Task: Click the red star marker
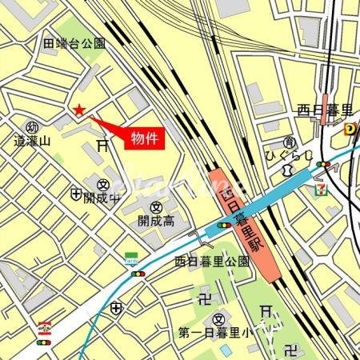click(78, 110)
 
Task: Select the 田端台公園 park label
click(75, 43)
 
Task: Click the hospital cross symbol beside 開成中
click(76, 194)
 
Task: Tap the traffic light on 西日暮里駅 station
click(225, 226)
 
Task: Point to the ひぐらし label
click(284, 153)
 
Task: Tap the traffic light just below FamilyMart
click(138, 273)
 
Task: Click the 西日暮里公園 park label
click(212, 261)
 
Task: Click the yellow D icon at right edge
click(350, 128)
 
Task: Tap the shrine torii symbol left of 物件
click(102, 145)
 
